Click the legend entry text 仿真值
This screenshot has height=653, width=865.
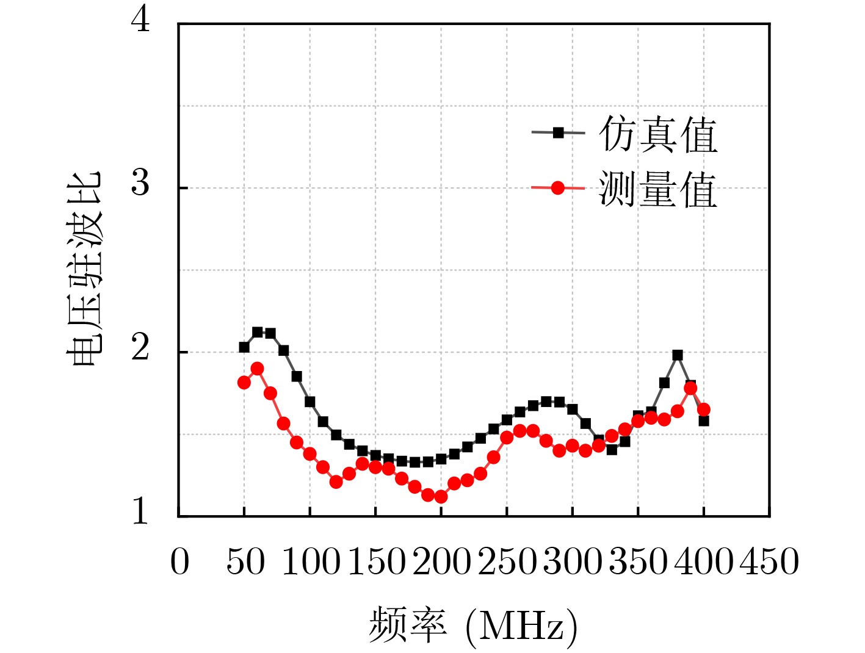click(657, 135)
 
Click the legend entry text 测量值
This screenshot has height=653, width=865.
click(657, 189)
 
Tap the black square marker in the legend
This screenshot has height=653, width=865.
click(558, 132)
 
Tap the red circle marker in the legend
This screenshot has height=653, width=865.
click(558, 188)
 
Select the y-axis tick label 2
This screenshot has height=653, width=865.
click(140, 348)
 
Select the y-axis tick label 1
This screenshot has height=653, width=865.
click(140, 511)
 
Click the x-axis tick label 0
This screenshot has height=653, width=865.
click(179, 561)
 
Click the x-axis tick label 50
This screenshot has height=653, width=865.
click(245, 561)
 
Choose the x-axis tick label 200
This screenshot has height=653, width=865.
click(441, 561)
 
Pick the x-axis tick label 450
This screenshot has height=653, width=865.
click(769, 561)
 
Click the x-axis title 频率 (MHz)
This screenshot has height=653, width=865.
click(472, 625)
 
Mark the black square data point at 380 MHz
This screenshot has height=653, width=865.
click(678, 355)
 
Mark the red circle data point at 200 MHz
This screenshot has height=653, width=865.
click(441, 497)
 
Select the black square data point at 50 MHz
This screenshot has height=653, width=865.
click(244, 347)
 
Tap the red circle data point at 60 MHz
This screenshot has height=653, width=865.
click(257, 369)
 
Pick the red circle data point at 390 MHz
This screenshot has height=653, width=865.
click(690, 388)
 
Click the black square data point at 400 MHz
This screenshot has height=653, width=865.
click(704, 420)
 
